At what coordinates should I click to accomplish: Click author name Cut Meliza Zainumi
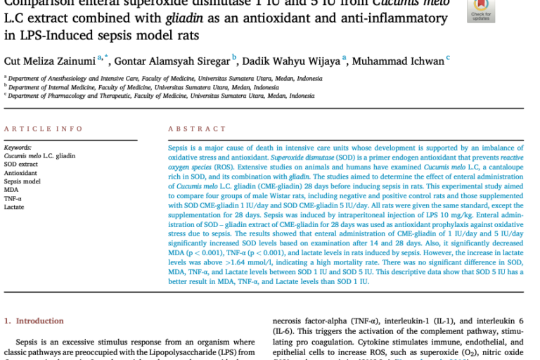click(50, 60)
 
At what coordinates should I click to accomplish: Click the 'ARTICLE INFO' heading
click(44, 129)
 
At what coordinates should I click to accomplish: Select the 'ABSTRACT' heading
click(194, 129)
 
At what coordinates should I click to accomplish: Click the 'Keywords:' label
click(18, 147)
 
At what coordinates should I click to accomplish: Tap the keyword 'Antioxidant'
click(20, 172)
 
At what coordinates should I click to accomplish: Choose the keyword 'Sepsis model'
click(22, 181)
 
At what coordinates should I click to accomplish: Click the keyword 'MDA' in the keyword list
click(11, 189)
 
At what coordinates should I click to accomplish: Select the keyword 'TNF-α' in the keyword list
click(13, 198)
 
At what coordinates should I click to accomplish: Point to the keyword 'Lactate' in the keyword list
click(15, 206)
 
